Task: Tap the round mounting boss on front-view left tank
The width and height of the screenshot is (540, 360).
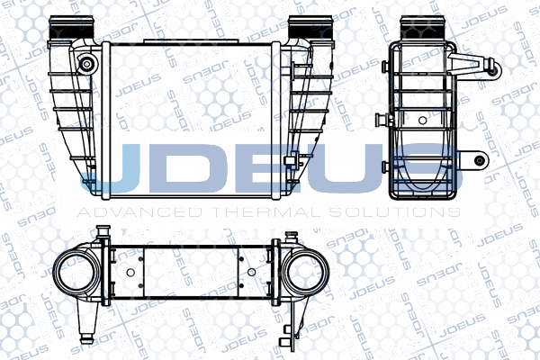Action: pyautogui.click(x=86, y=64)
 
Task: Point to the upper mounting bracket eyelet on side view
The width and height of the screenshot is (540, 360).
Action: pyautogui.click(x=493, y=66)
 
